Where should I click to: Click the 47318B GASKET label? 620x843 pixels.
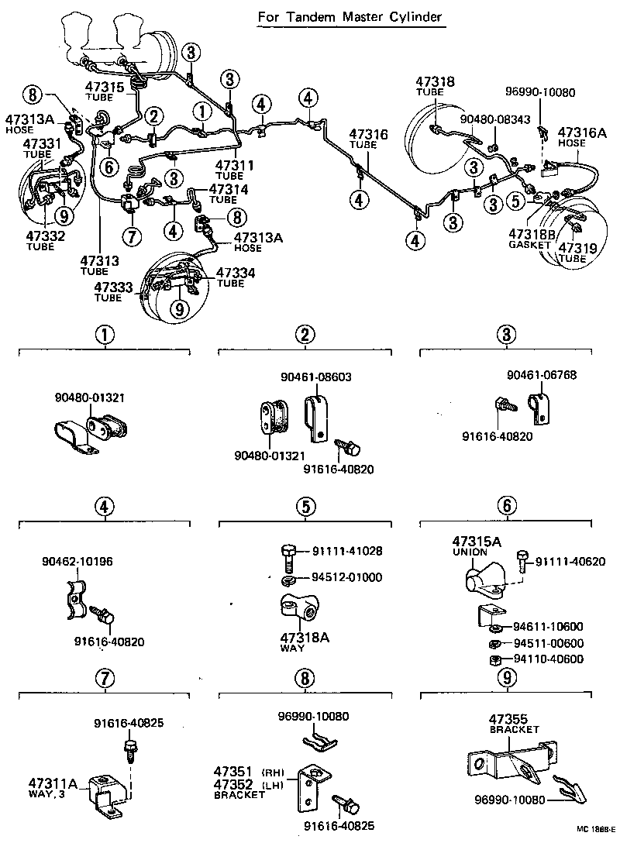(532, 238)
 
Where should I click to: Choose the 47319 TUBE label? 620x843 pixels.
(573, 253)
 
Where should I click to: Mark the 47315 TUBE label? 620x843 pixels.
(105, 91)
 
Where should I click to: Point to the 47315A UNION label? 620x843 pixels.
(474, 546)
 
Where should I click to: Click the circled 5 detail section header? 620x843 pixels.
(305, 507)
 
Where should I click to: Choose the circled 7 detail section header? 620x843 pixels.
(105, 679)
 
